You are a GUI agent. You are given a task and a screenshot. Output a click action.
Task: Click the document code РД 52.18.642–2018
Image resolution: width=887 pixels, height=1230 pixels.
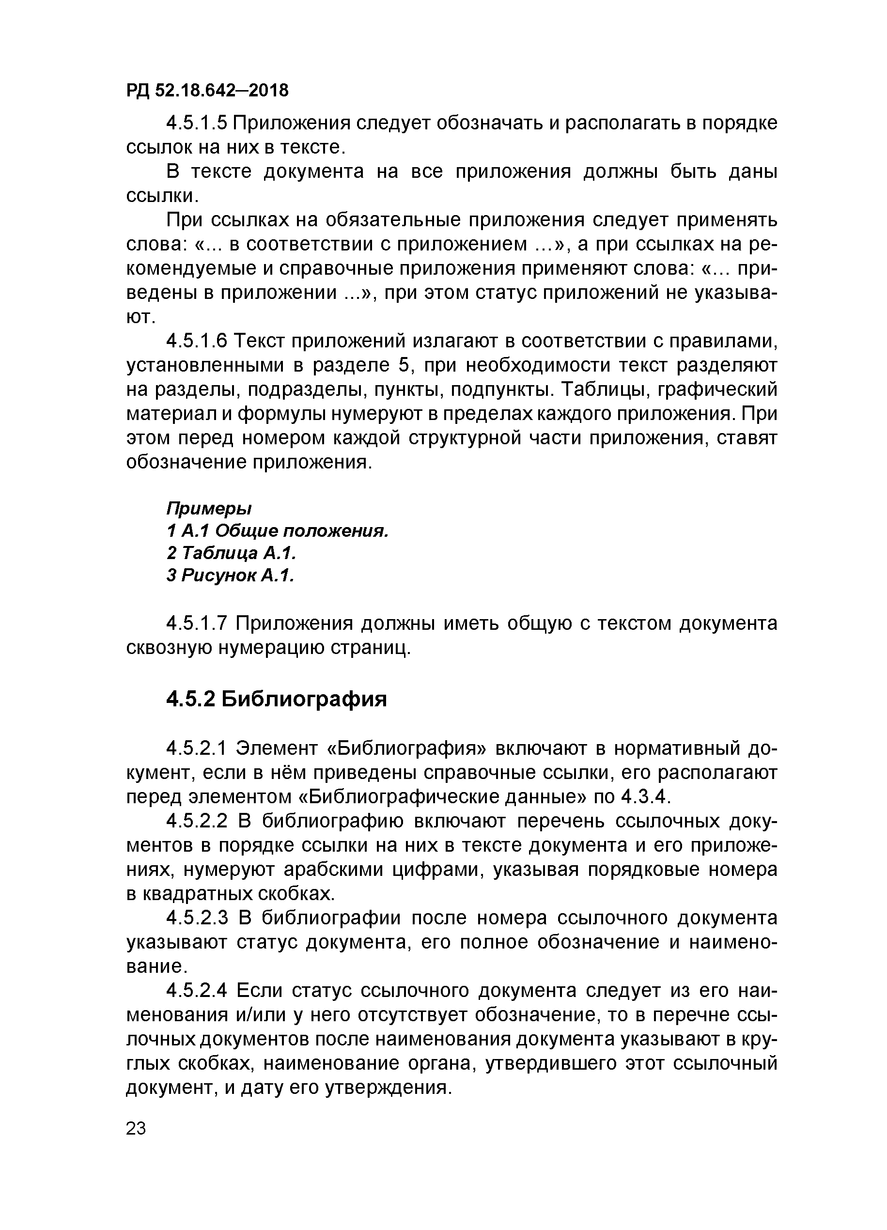(x=207, y=90)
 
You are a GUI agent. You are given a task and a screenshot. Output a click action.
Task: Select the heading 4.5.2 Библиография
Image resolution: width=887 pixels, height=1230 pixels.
(x=277, y=699)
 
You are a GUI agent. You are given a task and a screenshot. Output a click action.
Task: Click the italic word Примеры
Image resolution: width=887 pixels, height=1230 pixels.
(x=209, y=509)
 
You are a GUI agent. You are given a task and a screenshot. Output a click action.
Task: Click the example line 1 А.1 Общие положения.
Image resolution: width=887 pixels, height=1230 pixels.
(x=278, y=530)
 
